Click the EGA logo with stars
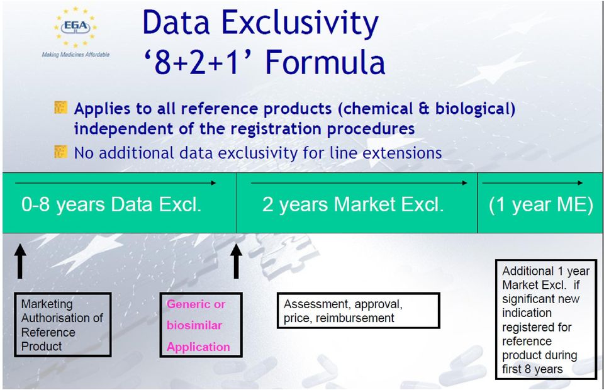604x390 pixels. pos(75,27)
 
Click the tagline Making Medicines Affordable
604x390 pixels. pos(75,55)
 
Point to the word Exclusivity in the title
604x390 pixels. pos(301,24)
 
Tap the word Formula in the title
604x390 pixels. pos(325,62)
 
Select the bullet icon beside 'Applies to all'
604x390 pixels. pos(61,108)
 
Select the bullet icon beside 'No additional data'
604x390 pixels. pos(61,152)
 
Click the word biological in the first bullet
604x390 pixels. pos(475,109)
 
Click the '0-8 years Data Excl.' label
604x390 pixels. pos(111,204)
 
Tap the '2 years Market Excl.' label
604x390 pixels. pos(353,204)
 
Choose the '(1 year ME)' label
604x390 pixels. pos(541,204)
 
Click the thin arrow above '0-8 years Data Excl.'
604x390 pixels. pos(116,183)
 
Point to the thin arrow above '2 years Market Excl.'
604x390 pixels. pos(359,183)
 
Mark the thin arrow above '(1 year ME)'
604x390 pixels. pos(533,183)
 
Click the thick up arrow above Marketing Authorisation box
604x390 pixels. pos(20,261)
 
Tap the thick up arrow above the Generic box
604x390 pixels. pos(236,261)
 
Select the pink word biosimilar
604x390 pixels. pos(194,325)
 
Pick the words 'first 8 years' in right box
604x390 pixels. pos(532,369)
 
